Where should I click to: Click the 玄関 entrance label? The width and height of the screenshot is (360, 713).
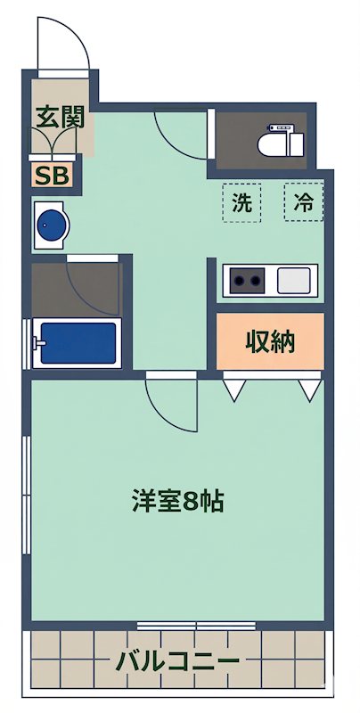click(x=54, y=117)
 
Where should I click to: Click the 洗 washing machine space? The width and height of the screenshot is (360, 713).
click(x=241, y=202)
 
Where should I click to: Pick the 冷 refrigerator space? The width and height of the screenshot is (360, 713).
click(x=303, y=202)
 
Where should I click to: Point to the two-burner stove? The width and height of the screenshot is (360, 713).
click(x=247, y=282)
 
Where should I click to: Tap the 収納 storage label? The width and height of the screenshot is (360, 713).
click(x=269, y=340)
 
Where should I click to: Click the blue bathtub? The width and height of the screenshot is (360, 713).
click(x=77, y=343)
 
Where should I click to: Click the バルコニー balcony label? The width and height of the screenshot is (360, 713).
click(x=178, y=661)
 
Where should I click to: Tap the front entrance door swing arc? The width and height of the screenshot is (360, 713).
click(x=62, y=45)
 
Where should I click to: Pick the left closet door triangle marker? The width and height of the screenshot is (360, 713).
click(x=234, y=388)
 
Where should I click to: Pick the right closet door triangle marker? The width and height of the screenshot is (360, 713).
click(x=308, y=389)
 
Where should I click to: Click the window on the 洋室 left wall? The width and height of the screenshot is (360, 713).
click(x=29, y=499)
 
